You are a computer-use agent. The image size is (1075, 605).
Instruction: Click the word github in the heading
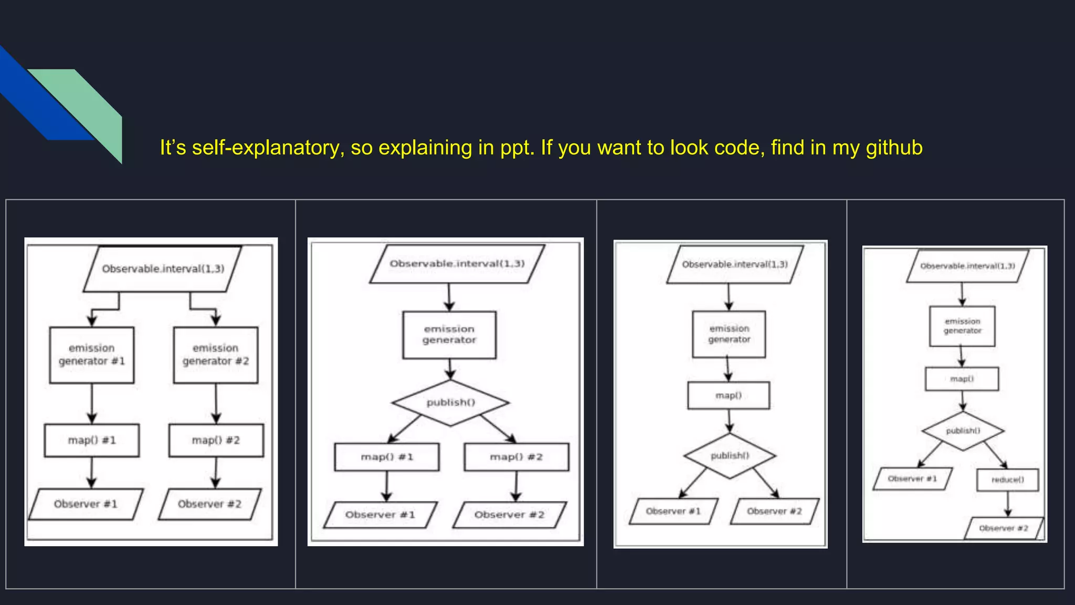(x=894, y=148)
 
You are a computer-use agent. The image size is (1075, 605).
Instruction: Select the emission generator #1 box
(x=92, y=355)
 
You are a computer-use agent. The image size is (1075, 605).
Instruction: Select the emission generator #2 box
(x=216, y=355)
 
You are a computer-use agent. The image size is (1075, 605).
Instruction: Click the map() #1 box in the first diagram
(x=92, y=441)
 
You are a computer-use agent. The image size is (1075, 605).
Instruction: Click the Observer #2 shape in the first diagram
(x=209, y=504)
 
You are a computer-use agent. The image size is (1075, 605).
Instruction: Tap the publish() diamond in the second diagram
(x=450, y=403)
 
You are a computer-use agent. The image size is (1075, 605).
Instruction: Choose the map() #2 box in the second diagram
(x=517, y=457)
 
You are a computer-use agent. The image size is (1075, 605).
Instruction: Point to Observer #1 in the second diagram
(x=380, y=515)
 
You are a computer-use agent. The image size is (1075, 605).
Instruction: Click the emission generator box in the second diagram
(x=449, y=335)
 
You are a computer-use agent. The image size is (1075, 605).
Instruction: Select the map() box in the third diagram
(x=729, y=395)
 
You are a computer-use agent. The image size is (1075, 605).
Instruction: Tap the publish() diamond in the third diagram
(x=730, y=456)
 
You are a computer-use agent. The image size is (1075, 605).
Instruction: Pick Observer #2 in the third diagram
(x=774, y=511)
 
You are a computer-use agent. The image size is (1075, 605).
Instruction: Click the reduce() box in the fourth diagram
(x=1007, y=480)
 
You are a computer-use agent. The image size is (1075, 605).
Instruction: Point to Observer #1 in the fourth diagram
(x=912, y=479)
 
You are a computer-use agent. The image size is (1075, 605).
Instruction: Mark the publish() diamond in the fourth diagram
(x=963, y=431)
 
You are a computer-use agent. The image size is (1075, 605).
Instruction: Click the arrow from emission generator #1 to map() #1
(x=92, y=403)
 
